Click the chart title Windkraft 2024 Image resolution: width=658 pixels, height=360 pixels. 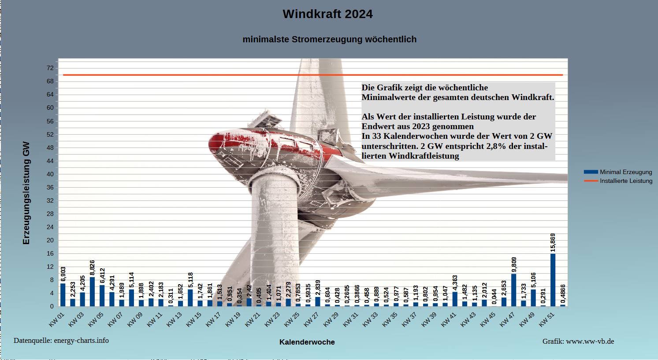[x=327, y=14]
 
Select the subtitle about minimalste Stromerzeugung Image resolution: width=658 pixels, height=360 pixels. [x=329, y=39]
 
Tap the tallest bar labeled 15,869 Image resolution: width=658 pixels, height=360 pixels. [x=553, y=279]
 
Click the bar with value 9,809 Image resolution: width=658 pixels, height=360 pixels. [x=513, y=289]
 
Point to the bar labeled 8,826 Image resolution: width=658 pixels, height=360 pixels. [x=92, y=291]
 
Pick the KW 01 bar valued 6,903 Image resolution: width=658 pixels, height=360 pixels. [x=63, y=294]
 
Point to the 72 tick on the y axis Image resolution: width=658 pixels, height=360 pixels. [x=50, y=68]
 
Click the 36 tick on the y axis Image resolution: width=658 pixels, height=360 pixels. [x=50, y=187]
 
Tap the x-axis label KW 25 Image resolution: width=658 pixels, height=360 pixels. [x=292, y=319]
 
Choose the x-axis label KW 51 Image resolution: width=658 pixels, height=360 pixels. [x=546, y=319]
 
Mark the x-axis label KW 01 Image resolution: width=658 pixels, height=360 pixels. [x=56, y=319]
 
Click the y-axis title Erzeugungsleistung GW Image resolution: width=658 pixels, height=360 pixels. [x=26, y=193]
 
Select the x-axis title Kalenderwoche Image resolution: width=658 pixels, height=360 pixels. [x=307, y=342]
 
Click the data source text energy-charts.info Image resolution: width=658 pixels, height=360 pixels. [x=61, y=341]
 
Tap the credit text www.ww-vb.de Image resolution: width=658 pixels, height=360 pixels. [x=578, y=341]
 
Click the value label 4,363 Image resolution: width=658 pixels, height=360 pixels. [x=455, y=283]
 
